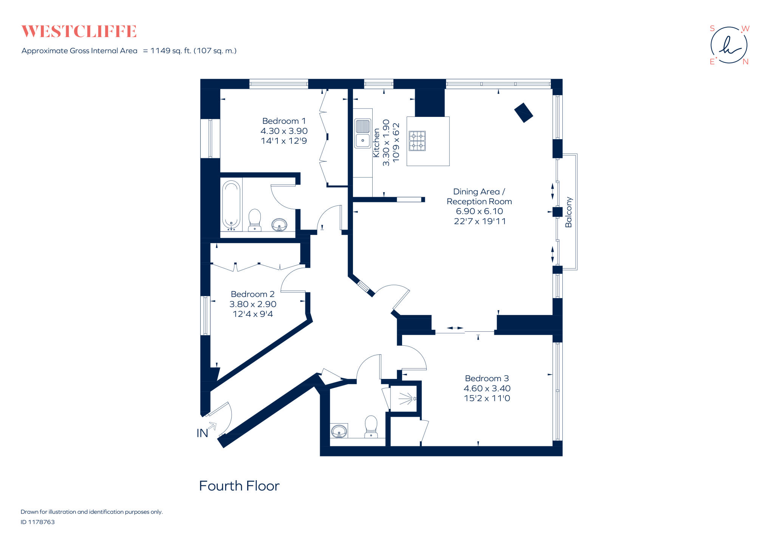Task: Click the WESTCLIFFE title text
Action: click(x=79, y=31)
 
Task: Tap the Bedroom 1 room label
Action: click(x=284, y=121)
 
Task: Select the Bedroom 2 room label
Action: click(x=252, y=294)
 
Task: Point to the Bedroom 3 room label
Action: click(x=487, y=378)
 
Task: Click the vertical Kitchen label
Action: click(x=376, y=143)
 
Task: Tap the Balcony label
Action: click(x=568, y=212)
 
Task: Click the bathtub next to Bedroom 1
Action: click(x=231, y=205)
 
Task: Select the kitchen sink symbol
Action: click(x=362, y=133)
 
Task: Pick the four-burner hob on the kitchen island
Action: click(x=417, y=141)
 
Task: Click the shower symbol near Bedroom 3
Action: click(x=407, y=399)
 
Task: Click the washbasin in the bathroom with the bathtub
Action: click(x=279, y=224)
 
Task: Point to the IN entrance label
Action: click(x=202, y=433)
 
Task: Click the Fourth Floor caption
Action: click(x=239, y=486)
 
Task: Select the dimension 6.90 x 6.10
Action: click(x=479, y=211)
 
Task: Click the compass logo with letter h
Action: click(x=729, y=45)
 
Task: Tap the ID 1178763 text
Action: click(x=38, y=522)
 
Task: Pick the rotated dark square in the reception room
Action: click(x=523, y=113)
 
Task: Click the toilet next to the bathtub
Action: click(x=255, y=220)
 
